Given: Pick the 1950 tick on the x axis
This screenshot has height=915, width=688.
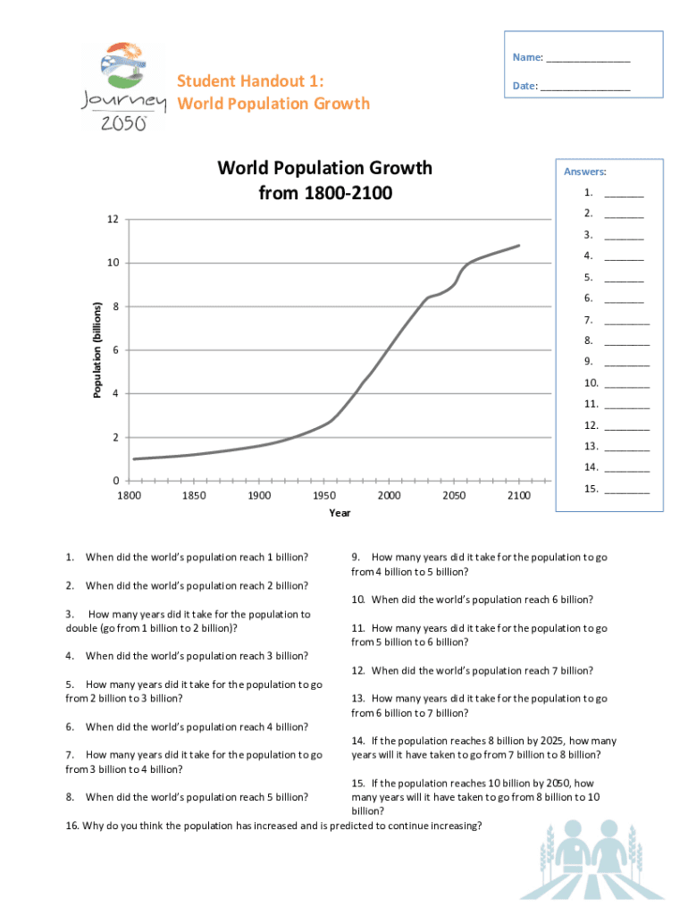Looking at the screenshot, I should pyautogui.click(x=323, y=496).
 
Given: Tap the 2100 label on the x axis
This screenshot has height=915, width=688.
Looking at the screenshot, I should pyautogui.click(x=518, y=496).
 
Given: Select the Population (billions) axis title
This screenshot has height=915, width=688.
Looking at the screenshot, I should pyautogui.click(x=98, y=350).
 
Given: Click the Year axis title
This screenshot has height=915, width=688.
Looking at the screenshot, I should pyautogui.click(x=340, y=513).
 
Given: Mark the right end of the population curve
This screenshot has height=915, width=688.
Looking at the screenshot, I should pyautogui.click(x=518, y=245).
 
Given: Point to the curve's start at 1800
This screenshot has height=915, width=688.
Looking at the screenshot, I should pyautogui.click(x=133, y=459).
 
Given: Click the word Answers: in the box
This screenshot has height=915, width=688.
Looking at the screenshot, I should pyautogui.click(x=584, y=172).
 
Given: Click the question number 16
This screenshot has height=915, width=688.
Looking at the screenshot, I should pyautogui.click(x=72, y=826).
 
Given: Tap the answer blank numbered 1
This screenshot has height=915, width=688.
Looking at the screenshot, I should pyautogui.click(x=624, y=195).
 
